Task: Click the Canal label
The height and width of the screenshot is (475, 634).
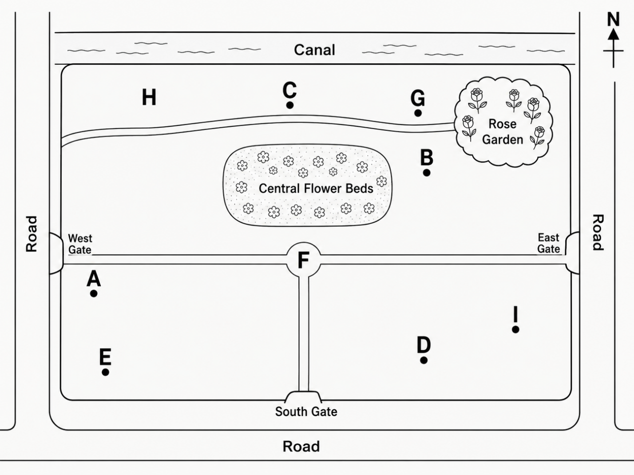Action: pyautogui.click(x=314, y=50)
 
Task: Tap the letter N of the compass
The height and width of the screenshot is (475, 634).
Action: pyautogui.click(x=613, y=20)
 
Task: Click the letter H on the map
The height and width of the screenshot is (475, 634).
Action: pyautogui.click(x=149, y=97)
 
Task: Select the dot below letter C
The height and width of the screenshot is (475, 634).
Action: pyautogui.click(x=290, y=105)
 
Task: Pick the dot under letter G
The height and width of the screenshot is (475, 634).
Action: pyautogui.click(x=418, y=113)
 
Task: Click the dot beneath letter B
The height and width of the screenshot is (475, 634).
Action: pyautogui.click(x=427, y=173)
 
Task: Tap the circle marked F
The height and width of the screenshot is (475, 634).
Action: pyautogui.click(x=304, y=260)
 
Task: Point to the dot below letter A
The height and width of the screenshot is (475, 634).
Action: pyautogui.click(x=94, y=294)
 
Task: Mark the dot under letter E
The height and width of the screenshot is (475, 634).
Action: pyautogui.click(x=105, y=372)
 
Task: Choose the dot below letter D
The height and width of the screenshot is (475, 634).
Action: pyautogui.click(x=424, y=360)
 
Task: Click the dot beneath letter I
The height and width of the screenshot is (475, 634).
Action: pyautogui.click(x=515, y=329)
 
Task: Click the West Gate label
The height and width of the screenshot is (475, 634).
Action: pyautogui.click(x=80, y=244)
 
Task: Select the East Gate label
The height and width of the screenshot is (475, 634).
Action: pyautogui.click(x=548, y=243)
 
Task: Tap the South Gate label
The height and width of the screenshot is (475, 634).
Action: pyautogui.click(x=306, y=412)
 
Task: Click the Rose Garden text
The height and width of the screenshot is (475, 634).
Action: pyautogui.click(x=503, y=132)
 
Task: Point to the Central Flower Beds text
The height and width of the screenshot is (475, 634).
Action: pyautogui.click(x=316, y=189)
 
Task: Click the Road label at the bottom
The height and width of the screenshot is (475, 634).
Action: pyautogui.click(x=301, y=447)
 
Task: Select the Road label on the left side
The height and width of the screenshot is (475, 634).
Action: pyautogui.click(x=32, y=234)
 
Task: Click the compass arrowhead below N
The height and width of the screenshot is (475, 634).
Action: pyautogui.click(x=613, y=34)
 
